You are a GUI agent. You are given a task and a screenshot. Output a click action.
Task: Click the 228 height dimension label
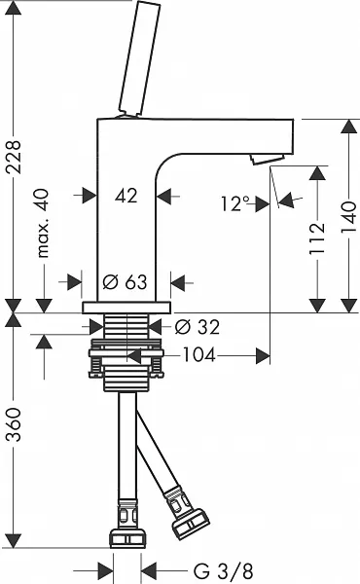pos(15,157)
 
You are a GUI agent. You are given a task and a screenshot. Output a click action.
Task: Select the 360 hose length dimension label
pos(15,424)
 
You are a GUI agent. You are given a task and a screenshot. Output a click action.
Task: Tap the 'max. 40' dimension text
pos(43,224)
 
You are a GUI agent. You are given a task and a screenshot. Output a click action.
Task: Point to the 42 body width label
pos(126,196)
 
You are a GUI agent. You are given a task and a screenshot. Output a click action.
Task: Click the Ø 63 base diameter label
pos(125,282)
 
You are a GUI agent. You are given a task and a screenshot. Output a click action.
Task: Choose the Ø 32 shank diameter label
pos(198,327)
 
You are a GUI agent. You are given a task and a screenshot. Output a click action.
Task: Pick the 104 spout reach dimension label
pos(198,355)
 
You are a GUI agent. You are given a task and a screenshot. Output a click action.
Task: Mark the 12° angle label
pos(235,203)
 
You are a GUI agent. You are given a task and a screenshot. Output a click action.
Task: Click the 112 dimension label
pos(317,238)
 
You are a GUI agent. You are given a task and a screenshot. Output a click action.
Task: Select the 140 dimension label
pos(349,217)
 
